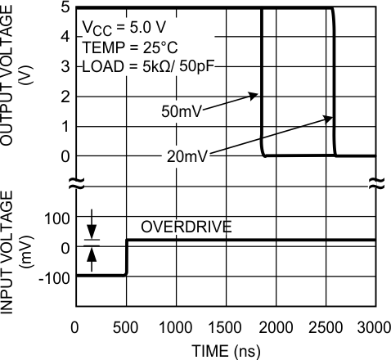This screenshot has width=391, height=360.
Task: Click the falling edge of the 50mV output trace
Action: tap(261, 82)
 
